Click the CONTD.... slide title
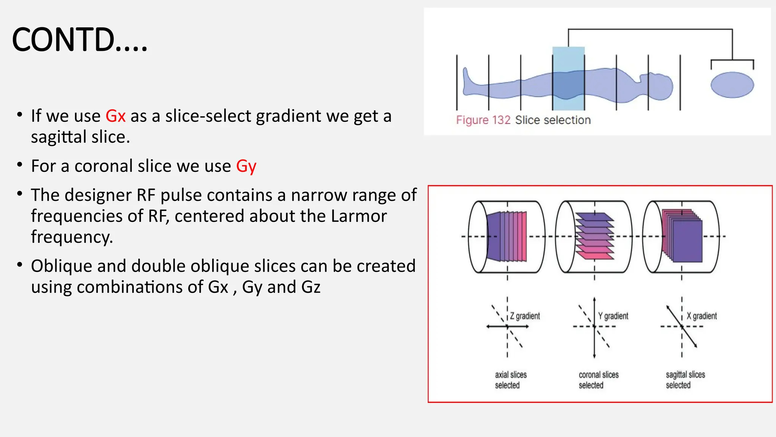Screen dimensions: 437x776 (x=80, y=40)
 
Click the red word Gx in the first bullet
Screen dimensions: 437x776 (x=115, y=116)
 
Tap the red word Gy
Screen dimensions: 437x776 (x=246, y=166)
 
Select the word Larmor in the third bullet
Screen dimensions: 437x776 (x=358, y=216)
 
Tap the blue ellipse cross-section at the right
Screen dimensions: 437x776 (x=732, y=85)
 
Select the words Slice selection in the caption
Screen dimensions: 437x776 (x=552, y=120)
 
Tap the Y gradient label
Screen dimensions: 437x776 (x=613, y=316)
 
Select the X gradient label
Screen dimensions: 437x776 (x=701, y=316)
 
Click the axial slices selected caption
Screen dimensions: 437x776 (x=510, y=380)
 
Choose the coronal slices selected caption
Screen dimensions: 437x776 (x=598, y=380)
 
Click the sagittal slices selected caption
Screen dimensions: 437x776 (x=685, y=380)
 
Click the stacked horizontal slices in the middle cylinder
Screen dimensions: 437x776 (x=594, y=236)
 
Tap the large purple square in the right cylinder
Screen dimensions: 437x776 (x=687, y=241)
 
